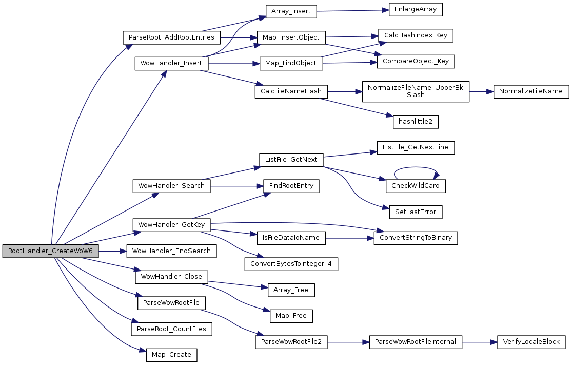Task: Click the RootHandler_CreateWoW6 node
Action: [50, 252]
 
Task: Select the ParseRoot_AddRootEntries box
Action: [171, 37]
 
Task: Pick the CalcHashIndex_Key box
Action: [416, 35]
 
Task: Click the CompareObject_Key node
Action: [416, 61]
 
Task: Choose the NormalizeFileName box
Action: [531, 92]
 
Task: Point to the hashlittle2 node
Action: [416, 122]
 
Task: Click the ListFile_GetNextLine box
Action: [416, 147]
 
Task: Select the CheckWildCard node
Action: [416, 185]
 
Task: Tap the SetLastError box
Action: [416, 211]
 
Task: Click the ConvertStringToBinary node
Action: [416, 238]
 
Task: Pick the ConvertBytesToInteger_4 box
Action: [291, 264]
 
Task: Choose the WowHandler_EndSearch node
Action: [171, 251]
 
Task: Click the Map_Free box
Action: [291, 316]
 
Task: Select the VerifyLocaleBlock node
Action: [531, 342]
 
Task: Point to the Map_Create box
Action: [171, 355]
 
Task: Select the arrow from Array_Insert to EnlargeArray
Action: [349, 10]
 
